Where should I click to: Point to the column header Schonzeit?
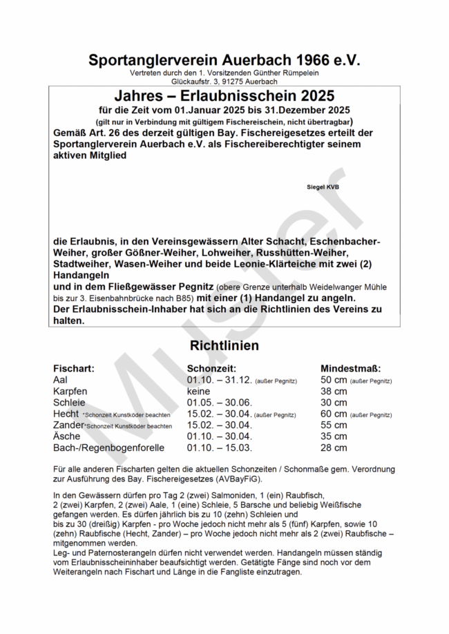pos(212,369)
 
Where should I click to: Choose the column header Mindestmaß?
pos(351,369)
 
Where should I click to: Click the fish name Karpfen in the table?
pos(70,391)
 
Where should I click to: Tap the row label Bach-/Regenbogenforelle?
pos(108,448)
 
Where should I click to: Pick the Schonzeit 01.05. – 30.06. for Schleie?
pos(219,402)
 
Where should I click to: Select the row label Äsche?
pos(66,436)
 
